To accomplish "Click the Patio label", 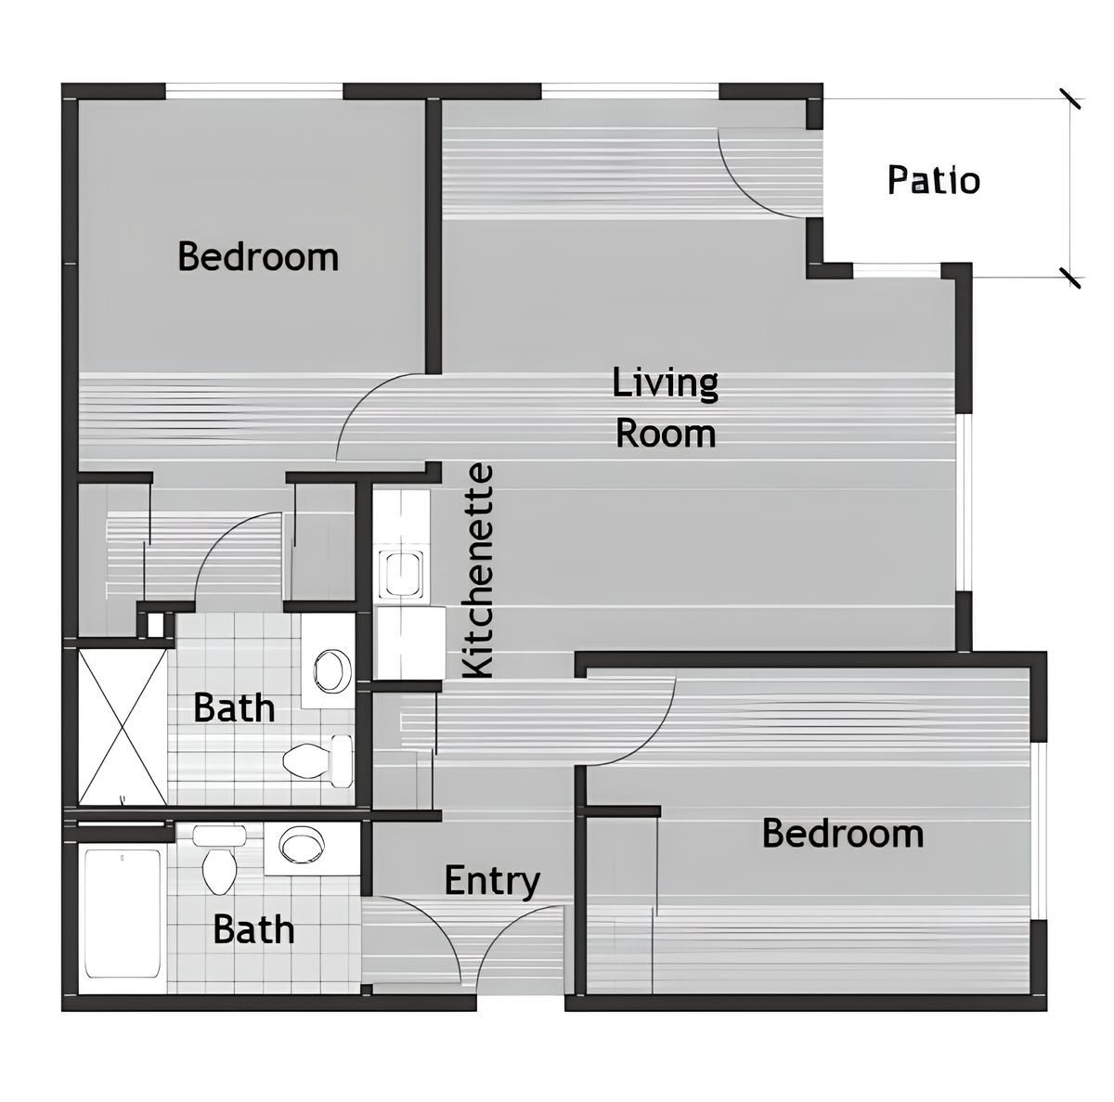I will pyautogui.click(x=933, y=179).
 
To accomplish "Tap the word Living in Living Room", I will pyautogui.click(x=665, y=382).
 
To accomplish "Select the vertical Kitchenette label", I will pyautogui.click(x=479, y=571).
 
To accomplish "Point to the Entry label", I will pyautogui.click(x=491, y=880).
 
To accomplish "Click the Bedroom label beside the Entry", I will pyautogui.click(x=842, y=833).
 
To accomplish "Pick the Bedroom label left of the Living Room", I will pyautogui.click(x=258, y=256).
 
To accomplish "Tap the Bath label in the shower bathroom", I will pyautogui.click(x=234, y=708).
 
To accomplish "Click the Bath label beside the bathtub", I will pyautogui.click(x=253, y=928).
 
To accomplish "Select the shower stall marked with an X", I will pyautogui.click(x=123, y=726).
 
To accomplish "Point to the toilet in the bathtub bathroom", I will pyautogui.click(x=219, y=863).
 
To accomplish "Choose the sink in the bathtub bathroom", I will pyautogui.click(x=302, y=846).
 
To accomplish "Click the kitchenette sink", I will pyautogui.click(x=403, y=574).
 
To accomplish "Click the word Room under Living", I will pyautogui.click(x=666, y=434).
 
